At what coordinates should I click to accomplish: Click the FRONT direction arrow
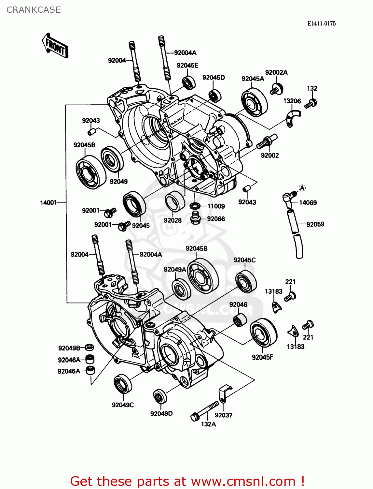coord(55,46)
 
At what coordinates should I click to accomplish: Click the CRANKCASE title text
coord(34,10)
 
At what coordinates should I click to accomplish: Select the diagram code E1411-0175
coord(321,23)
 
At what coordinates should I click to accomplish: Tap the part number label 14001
coord(48,203)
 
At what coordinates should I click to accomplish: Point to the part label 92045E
coord(187,66)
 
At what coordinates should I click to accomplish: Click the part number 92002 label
coord(269,156)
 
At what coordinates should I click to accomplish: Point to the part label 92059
coord(315,224)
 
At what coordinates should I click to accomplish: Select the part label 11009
coord(216,206)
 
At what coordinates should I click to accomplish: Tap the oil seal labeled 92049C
coord(123,384)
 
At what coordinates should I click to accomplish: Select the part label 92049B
coord(69,348)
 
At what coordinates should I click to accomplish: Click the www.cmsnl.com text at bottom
coord(243,481)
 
